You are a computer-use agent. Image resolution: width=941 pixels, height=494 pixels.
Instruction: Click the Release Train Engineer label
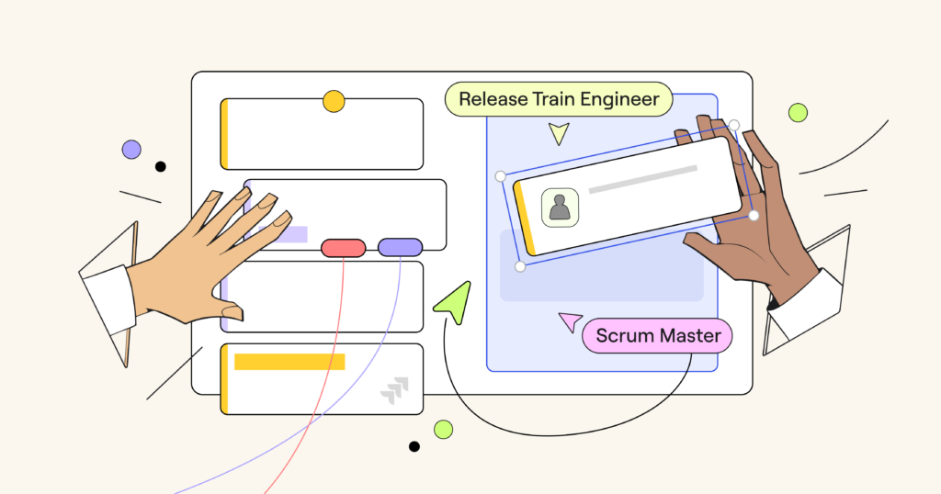pyautogui.click(x=559, y=99)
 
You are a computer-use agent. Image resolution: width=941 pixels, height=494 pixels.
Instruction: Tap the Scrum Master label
pyautogui.click(x=658, y=336)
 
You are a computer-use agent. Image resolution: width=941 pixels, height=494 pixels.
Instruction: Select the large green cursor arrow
pyautogui.click(x=455, y=302)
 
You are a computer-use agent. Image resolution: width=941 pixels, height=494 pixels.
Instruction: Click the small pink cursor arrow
pyautogui.click(x=571, y=321)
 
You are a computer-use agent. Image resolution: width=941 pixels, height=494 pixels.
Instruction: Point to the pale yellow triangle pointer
pyautogui.click(x=558, y=134)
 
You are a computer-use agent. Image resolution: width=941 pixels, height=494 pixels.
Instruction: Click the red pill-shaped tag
pyautogui.click(x=344, y=247)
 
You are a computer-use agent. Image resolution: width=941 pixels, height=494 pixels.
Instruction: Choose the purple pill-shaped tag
pyautogui.click(x=400, y=247)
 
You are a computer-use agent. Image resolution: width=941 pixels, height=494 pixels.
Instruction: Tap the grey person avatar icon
pyautogui.click(x=559, y=208)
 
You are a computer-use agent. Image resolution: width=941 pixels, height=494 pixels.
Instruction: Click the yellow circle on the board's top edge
pyautogui.click(x=334, y=101)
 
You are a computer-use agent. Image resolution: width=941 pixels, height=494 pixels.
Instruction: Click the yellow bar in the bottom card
pyautogui.click(x=289, y=362)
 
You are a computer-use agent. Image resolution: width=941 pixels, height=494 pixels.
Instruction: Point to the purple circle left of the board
pyautogui.click(x=131, y=150)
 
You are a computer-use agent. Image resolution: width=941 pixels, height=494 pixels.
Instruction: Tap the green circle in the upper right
pyautogui.click(x=798, y=113)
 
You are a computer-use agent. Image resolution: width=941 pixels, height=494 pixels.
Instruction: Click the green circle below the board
pyautogui.click(x=443, y=429)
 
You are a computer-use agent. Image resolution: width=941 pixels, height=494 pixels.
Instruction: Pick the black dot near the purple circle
pyautogui.click(x=161, y=166)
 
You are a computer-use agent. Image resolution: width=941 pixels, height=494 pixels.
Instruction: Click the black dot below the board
pyautogui.click(x=414, y=446)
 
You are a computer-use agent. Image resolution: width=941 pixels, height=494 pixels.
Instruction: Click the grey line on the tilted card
pyautogui.click(x=642, y=180)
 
